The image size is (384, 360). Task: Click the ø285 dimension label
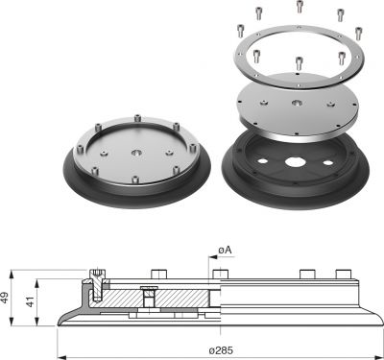point(221,350)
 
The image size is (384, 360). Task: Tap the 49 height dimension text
point(6,298)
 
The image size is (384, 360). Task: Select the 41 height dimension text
point(30,301)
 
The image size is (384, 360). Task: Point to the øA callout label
point(225,250)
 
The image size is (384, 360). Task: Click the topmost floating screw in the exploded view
point(300,7)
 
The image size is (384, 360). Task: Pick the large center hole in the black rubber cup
point(295,162)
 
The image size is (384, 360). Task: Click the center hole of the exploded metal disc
point(298,103)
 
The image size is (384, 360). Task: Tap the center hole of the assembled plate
point(137,153)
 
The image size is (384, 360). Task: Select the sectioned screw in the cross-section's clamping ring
point(97,285)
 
